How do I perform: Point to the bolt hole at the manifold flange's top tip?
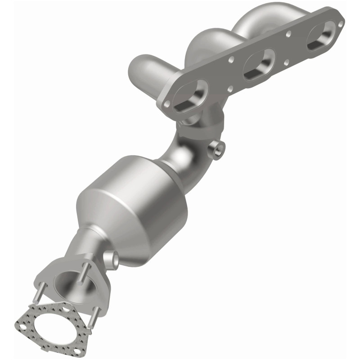pos(341,22)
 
